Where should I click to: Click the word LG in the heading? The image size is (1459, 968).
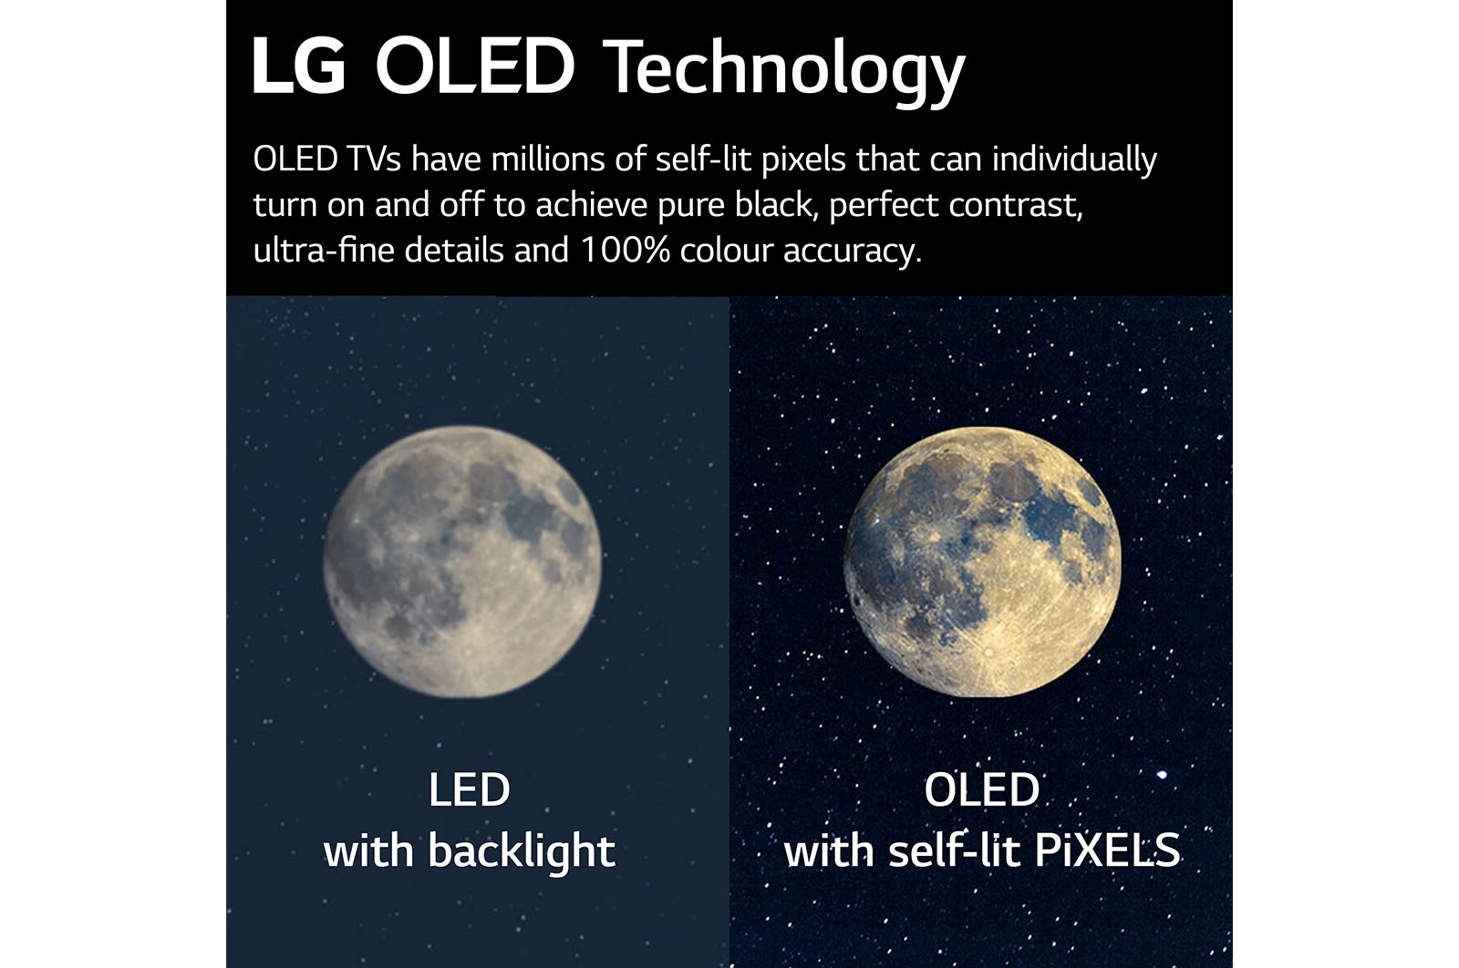[298, 66]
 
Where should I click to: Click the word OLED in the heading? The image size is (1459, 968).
[474, 66]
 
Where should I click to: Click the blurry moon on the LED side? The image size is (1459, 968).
[462, 561]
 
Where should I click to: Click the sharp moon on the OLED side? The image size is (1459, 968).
[982, 561]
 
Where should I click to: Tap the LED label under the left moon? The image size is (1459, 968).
[469, 789]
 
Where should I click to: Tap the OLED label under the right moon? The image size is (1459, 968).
[981, 789]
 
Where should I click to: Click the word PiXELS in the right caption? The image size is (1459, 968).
[1107, 850]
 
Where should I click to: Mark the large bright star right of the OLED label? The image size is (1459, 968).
[1162, 775]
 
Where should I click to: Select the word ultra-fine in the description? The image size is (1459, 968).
[325, 250]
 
